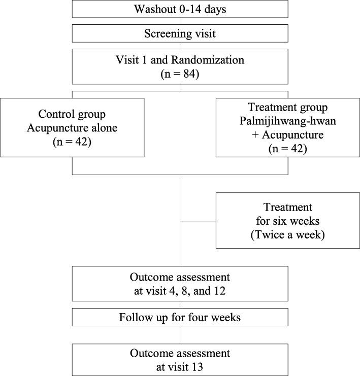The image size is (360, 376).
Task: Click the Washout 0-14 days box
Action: [x=180, y=9]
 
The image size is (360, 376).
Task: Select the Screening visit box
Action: [x=180, y=34]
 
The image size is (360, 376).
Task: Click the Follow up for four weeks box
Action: [x=180, y=318]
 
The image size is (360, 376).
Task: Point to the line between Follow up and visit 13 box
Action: [x=180, y=335]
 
